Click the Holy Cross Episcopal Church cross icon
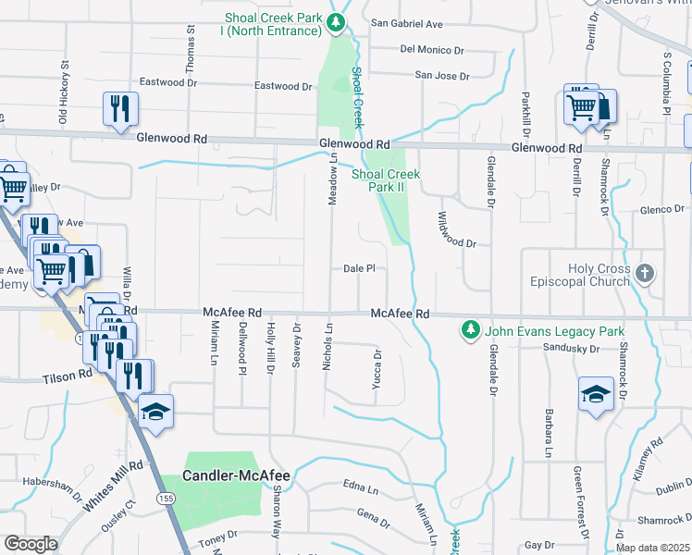(x=647, y=274)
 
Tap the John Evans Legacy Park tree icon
(x=471, y=330)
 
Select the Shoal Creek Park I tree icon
(x=340, y=21)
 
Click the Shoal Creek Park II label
(x=386, y=180)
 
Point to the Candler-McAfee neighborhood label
(x=236, y=476)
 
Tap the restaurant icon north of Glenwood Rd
(x=120, y=109)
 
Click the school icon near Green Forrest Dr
(x=596, y=394)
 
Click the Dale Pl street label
(x=358, y=268)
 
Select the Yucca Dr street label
(x=377, y=368)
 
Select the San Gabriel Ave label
(x=407, y=24)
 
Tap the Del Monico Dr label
(x=432, y=49)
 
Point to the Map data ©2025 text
(x=651, y=548)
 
